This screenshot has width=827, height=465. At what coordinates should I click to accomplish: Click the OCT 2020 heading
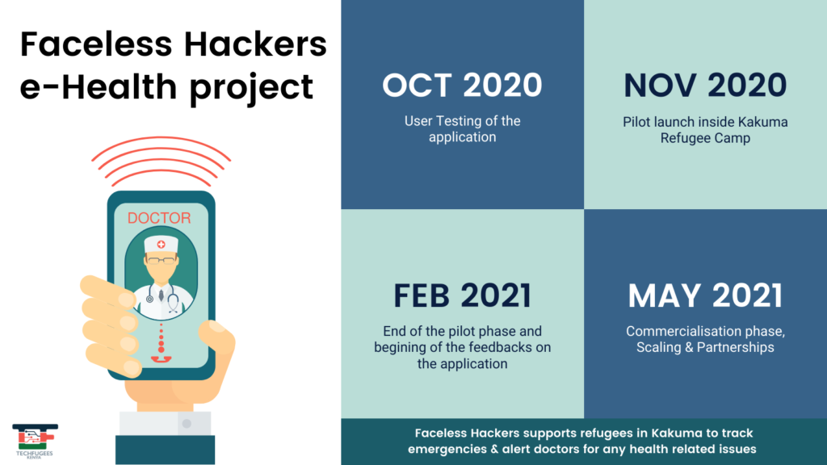[462, 85]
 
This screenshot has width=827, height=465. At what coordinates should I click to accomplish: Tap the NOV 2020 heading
[705, 85]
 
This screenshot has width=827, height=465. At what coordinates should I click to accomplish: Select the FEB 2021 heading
[462, 295]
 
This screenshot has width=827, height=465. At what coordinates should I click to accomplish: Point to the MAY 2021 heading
[705, 295]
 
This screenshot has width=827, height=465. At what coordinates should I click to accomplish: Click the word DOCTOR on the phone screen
[159, 218]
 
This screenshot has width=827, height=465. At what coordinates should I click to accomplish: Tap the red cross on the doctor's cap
[161, 244]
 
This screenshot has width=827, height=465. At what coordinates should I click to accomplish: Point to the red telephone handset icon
[161, 359]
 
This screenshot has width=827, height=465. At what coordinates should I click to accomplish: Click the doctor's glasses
[162, 260]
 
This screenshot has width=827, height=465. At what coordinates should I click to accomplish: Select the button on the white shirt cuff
[187, 423]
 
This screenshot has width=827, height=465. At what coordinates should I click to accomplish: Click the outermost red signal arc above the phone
[161, 139]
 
